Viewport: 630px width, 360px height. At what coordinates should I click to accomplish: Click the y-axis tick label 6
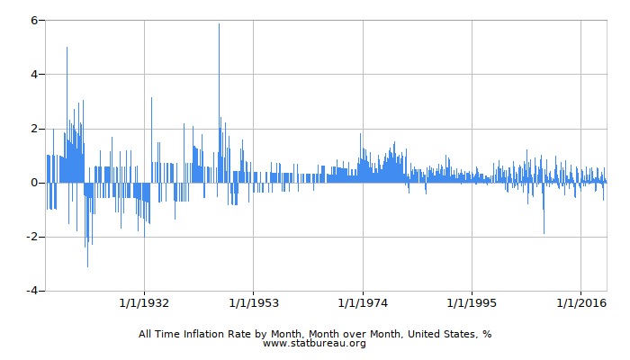click(32, 20)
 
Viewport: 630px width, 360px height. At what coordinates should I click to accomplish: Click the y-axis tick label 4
click(32, 74)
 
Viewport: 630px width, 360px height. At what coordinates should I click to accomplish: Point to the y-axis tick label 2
click(32, 129)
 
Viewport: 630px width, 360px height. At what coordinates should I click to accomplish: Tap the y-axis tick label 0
click(32, 183)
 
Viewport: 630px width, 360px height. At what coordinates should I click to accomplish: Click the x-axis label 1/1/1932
click(144, 301)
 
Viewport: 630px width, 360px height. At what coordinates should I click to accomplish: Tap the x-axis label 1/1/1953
click(253, 301)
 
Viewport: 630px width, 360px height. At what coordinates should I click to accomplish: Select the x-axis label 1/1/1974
click(363, 301)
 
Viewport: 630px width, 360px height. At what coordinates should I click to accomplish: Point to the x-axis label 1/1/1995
click(472, 301)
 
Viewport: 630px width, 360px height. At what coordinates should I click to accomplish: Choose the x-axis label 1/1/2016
click(581, 301)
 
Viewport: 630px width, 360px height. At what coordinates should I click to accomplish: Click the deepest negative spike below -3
click(87, 265)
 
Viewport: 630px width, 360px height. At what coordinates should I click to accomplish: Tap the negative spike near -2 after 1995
click(544, 231)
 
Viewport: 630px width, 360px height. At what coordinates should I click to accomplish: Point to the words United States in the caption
click(442, 333)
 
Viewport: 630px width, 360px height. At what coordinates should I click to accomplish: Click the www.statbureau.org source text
click(314, 343)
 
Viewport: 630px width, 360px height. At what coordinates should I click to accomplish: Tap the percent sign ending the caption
click(486, 333)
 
